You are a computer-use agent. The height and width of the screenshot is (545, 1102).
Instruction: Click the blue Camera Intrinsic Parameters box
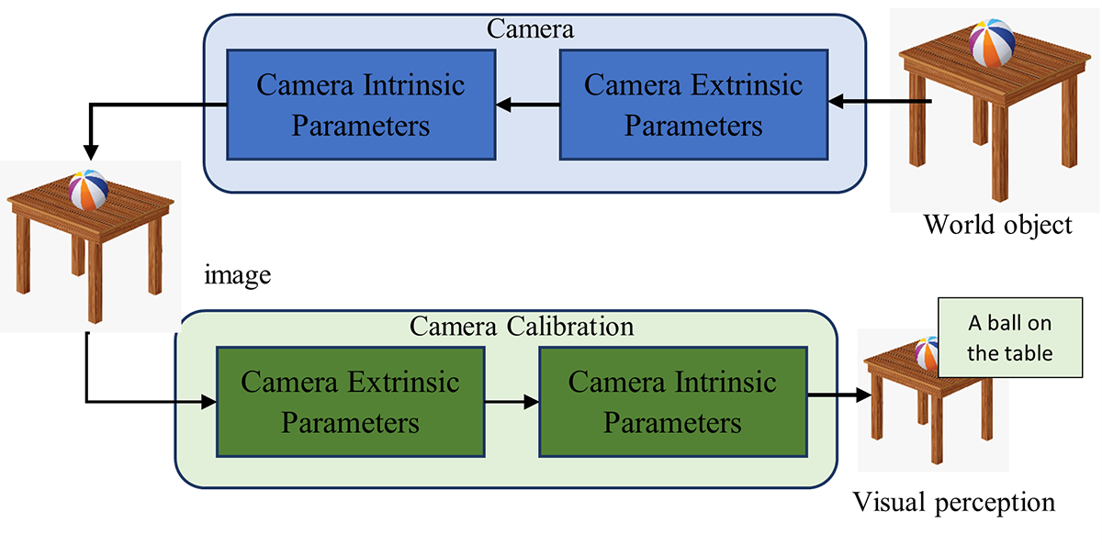(361, 105)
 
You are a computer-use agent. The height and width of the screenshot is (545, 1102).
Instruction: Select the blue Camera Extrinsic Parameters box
(693, 105)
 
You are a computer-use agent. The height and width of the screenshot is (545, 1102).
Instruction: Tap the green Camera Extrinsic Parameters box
(350, 402)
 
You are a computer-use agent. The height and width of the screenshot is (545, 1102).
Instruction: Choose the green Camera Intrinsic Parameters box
(672, 402)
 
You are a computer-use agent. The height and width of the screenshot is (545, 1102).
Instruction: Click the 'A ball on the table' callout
(1009, 338)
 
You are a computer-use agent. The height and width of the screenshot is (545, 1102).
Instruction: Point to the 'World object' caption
(997, 224)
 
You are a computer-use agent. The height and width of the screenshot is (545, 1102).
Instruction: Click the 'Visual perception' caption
(954, 503)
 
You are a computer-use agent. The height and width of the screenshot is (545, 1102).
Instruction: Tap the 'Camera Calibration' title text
(522, 326)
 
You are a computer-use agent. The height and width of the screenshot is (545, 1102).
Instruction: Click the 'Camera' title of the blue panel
(531, 28)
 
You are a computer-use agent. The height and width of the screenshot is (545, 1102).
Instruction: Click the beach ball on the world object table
(993, 43)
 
